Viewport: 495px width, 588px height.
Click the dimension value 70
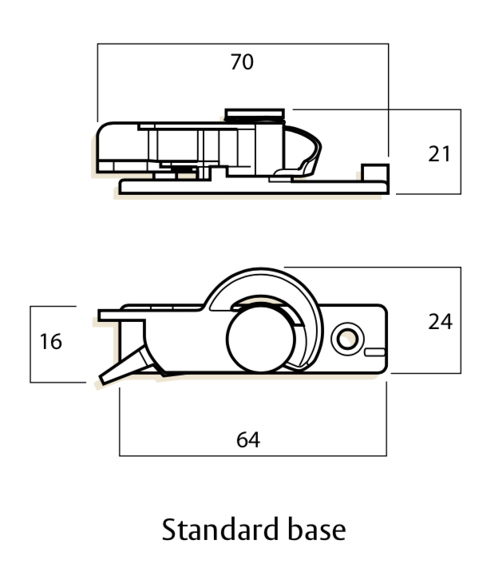(x=242, y=62)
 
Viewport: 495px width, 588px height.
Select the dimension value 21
(x=439, y=153)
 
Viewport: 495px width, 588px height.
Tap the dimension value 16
(x=50, y=342)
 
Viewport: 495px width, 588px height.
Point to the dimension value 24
(x=440, y=322)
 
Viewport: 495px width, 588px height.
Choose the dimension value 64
(x=248, y=439)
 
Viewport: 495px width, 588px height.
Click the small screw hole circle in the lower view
(x=347, y=339)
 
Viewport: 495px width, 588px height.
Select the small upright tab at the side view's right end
(x=374, y=173)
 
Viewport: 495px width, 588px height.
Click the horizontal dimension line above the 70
(x=242, y=44)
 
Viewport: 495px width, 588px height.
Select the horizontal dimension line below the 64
(x=252, y=456)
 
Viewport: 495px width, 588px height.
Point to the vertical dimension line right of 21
(x=461, y=152)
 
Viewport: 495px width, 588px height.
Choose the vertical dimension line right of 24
(x=461, y=320)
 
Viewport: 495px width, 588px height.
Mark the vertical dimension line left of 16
(x=30, y=344)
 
